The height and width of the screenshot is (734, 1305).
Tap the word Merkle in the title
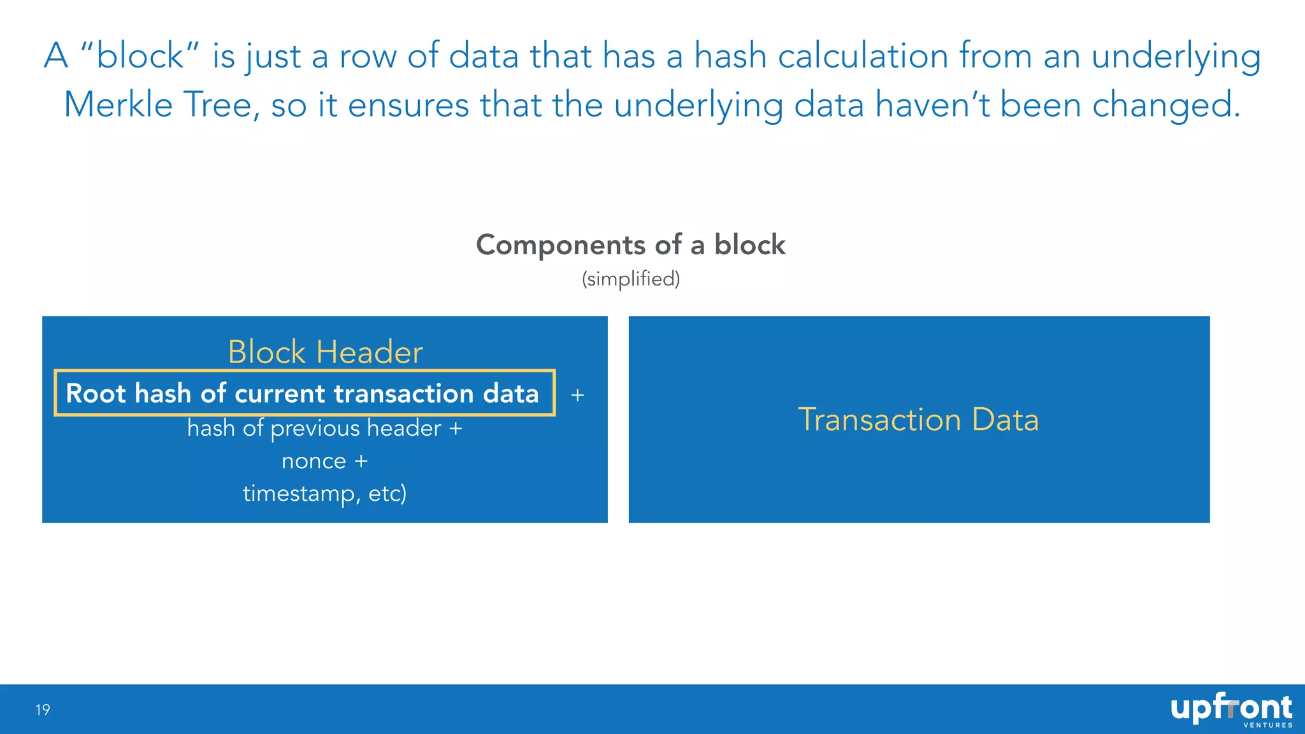119,105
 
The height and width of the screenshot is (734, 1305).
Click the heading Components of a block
631,245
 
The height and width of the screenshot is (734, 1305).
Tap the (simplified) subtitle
631,279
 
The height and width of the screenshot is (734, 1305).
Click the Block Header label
325,352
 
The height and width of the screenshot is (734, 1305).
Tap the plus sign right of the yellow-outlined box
577,396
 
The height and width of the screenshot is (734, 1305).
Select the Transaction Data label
918,420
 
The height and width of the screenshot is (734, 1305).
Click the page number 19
43,710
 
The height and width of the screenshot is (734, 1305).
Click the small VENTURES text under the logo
1268,725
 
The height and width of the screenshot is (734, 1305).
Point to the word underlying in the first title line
1176,56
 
